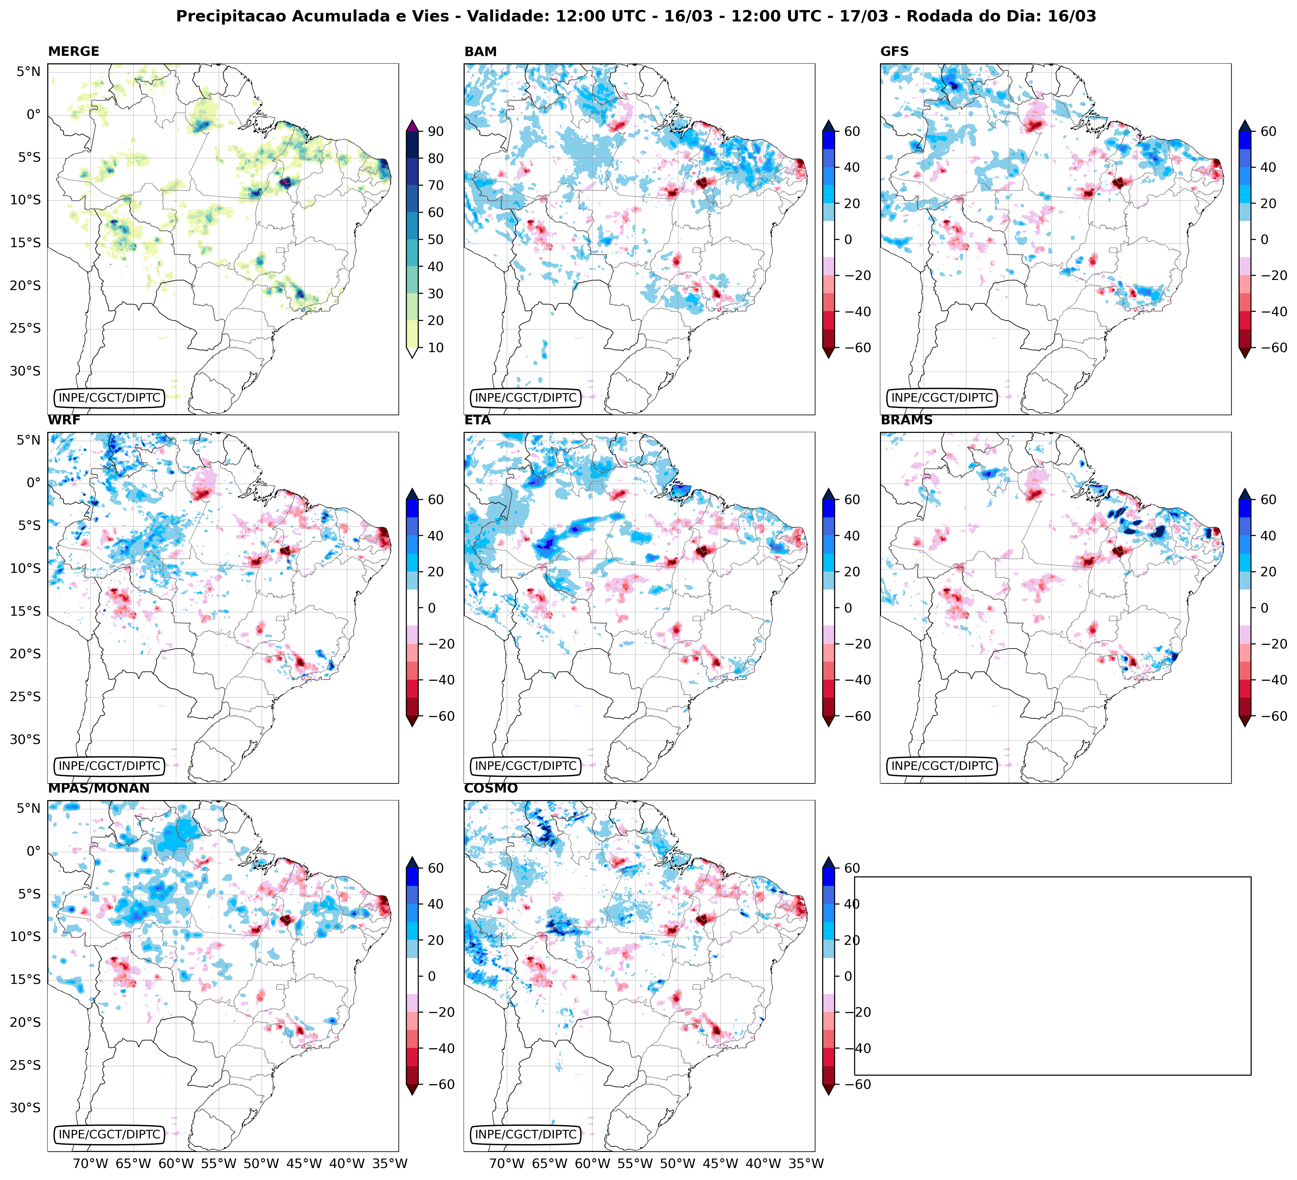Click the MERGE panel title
73,51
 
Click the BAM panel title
481,51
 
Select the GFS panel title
894,51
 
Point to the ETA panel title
478,420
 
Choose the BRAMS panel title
906,420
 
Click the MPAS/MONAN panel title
98,788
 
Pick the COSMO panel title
491,788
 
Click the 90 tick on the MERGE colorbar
436,131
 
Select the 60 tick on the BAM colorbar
852,131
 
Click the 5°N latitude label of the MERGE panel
28,72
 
